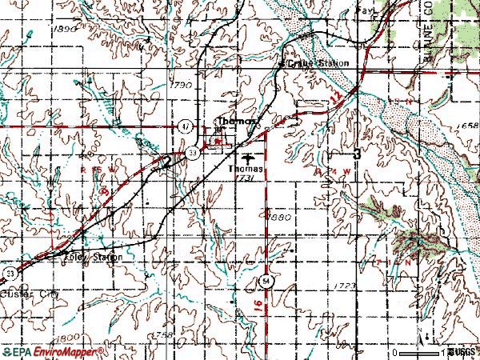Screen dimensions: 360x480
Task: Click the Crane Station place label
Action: coord(324,63)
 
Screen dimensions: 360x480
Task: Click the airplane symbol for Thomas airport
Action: coord(245,158)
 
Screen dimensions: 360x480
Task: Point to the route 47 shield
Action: coord(185,126)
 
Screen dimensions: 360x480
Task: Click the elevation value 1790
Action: coord(182,84)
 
